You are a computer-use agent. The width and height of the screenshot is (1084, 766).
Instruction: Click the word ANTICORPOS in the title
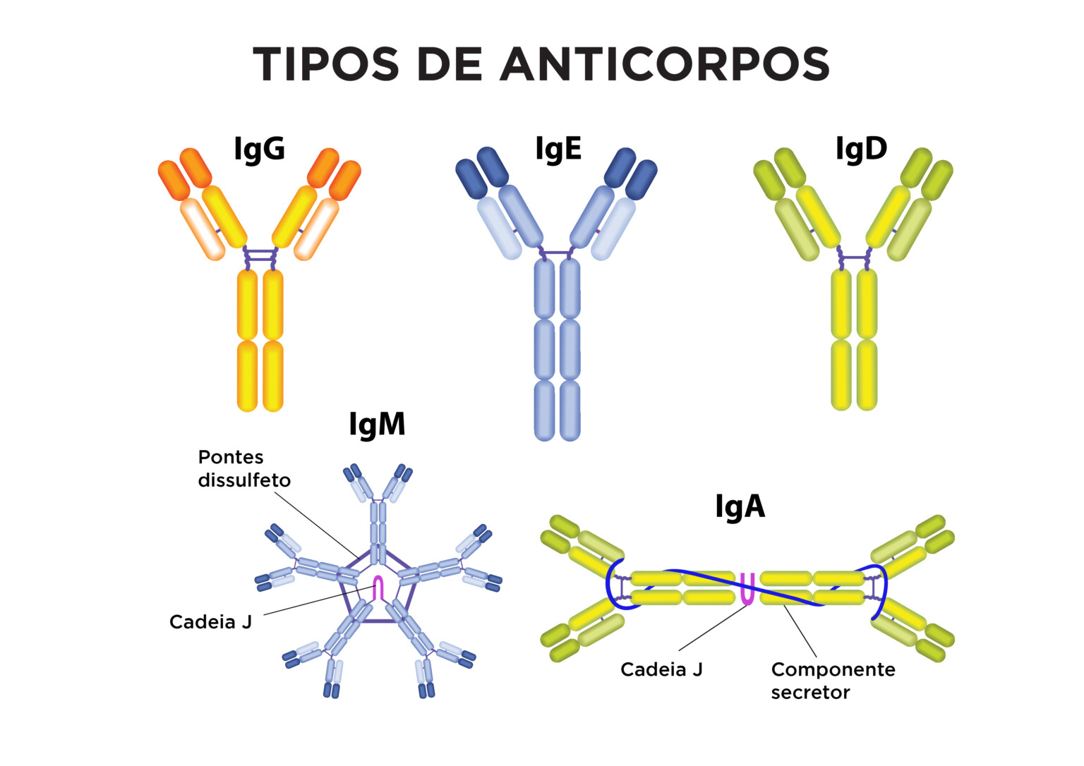665,64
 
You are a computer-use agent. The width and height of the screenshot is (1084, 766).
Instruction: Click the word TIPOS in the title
326,64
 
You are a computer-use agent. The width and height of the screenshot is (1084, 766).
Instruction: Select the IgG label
259,150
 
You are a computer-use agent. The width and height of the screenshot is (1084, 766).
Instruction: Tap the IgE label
558,150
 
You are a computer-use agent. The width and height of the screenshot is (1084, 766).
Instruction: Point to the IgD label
860,150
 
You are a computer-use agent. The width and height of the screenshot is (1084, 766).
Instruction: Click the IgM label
377,425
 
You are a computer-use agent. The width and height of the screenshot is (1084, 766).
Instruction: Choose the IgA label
740,506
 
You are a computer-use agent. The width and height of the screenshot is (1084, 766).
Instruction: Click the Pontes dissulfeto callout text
244,468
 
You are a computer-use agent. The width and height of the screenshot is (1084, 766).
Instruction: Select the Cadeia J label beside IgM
210,622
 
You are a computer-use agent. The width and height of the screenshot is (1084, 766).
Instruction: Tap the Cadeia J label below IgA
661,669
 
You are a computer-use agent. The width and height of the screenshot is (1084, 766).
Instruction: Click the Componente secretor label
833,681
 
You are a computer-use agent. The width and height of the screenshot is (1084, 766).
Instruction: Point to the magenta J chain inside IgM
378,588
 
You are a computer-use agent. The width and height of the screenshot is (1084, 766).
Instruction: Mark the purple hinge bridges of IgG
260,257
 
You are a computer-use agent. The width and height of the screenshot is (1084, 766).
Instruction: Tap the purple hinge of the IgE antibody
558,252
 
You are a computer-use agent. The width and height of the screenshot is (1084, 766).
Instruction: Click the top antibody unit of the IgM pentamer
379,515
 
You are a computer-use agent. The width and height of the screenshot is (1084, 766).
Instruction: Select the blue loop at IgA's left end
612,585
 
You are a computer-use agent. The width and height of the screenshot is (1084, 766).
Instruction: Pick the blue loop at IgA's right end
881,589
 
